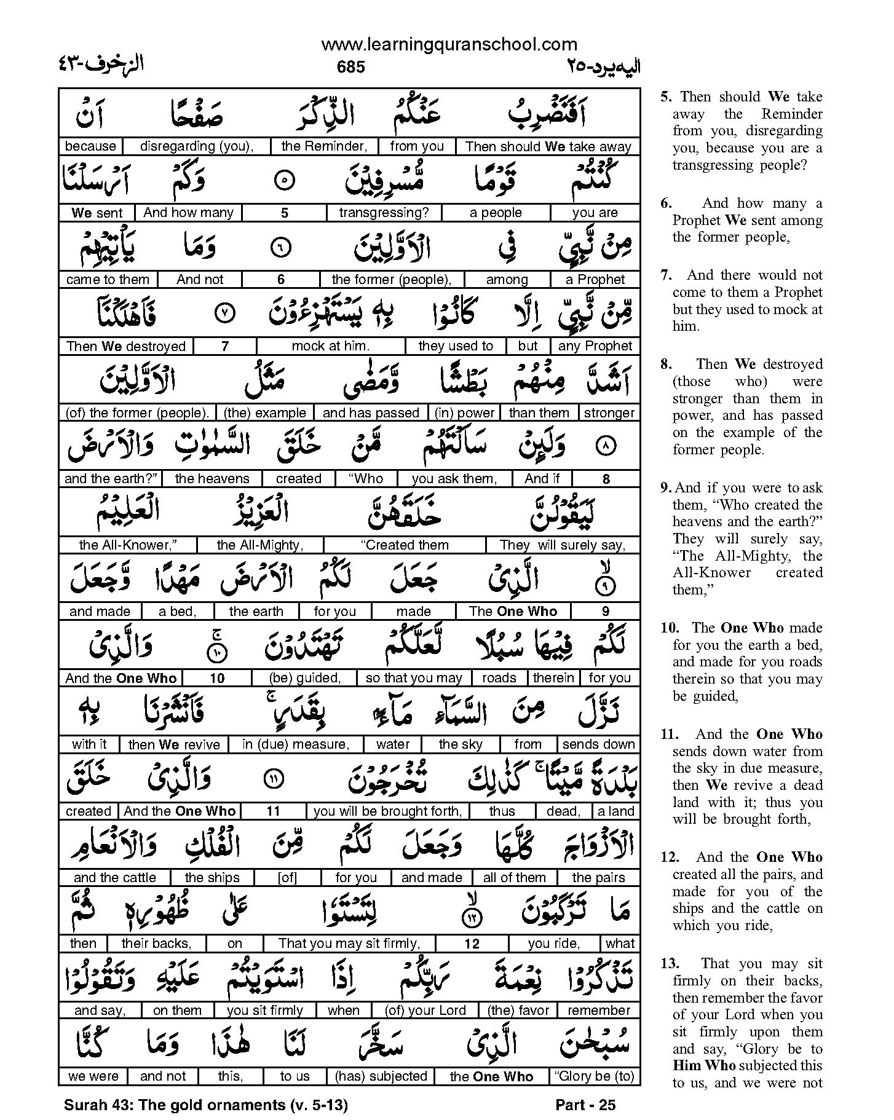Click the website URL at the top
pyautogui.click(x=449, y=44)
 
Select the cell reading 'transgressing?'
pyautogui.click(x=384, y=213)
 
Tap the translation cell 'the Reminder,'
pyautogui.click(x=324, y=146)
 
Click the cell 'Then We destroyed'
pyautogui.click(x=126, y=346)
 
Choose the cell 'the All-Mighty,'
pyautogui.click(x=260, y=545)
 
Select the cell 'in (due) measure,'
pyautogui.click(x=296, y=744)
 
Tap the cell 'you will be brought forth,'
pyautogui.click(x=387, y=811)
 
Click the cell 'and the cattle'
pyautogui.click(x=114, y=878)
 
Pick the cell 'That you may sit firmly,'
pyautogui.click(x=349, y=944)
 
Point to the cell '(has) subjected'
pyautogui.click(x=381, y=1076)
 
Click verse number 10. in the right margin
pyautogui.click(x=670, y=628)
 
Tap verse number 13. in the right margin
pyautogui.click(x=670, y=964)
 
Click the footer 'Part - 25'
pyautogui.click(x=585, y=1105)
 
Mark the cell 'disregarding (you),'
pyautogui.click(x=197, y=146)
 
